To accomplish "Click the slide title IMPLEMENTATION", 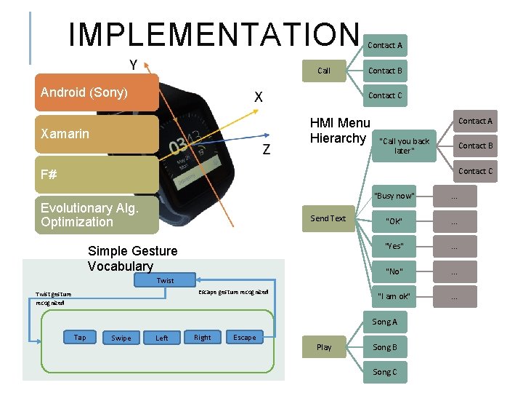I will [x=214, y=34].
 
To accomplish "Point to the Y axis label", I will [x=134, y=65].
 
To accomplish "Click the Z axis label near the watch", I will [x=267, y=150].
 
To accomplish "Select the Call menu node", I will [x=324, y=71].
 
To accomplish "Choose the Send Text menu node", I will [x=328, y=218].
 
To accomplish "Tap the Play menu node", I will [x=324, y=347].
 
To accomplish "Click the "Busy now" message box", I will [x=394, y=196].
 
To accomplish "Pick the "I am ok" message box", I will [x=394, y=296].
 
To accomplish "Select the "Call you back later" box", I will [x=405, y=146].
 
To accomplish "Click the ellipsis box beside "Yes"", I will [x=454, y=247].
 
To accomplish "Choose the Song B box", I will [x=385, y=347].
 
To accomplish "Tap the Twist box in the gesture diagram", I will [x=165, y=280].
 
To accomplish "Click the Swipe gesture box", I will [x=121, y=338].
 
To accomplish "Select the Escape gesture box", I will [x=244, y=338].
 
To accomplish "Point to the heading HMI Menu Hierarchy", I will [x=339, y=131].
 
